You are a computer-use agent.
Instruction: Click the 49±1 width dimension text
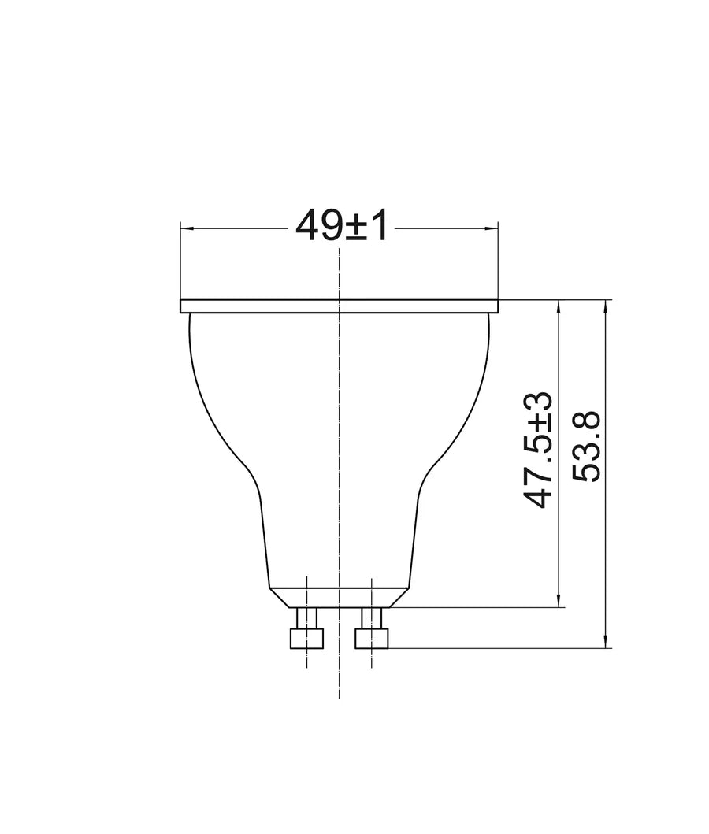pos(341,224)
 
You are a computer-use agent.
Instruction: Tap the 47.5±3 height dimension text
pos(538,450)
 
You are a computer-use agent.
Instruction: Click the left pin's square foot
pos(307,638)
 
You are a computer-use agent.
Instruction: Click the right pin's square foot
pos(371,638)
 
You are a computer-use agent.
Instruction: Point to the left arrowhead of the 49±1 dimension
pos(186,229)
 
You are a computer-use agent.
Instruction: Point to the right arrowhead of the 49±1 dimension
pos(492,229)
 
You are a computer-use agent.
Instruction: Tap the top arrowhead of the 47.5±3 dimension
pos(559,306)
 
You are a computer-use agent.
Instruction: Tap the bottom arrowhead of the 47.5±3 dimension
pos(559,601)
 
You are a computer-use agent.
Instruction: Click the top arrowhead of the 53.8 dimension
pos(605,306)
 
